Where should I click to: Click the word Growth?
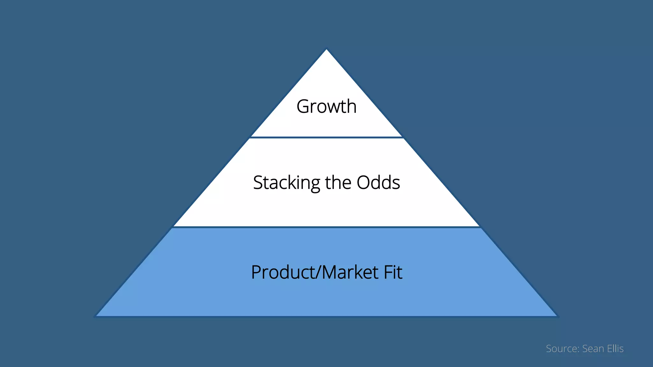[326, 106]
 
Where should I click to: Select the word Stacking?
[286, 183]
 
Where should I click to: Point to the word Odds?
[378, 183]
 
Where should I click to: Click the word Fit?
[393, 272]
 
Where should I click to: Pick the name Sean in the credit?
[593, 349]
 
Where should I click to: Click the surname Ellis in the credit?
[615, 349]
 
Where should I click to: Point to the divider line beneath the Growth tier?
[326, 137]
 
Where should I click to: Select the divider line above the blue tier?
[326, 227]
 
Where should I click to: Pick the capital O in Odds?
[363, 183]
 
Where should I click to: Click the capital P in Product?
[256, 272]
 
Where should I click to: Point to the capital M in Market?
[331, 272]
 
